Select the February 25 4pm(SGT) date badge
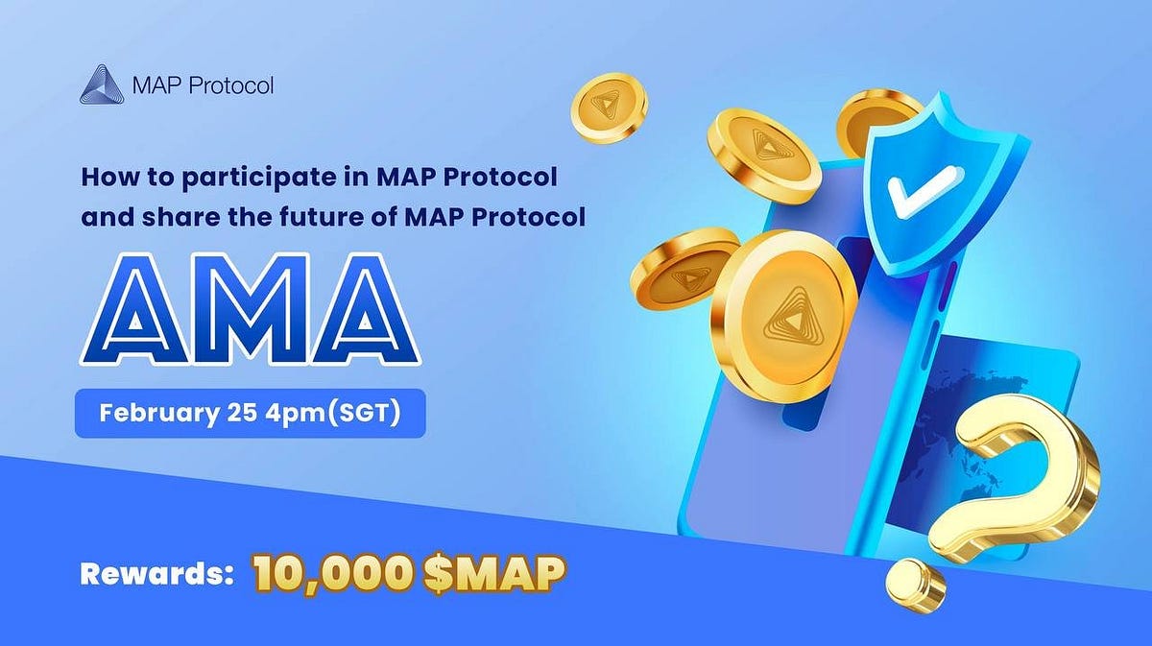pos(250,415)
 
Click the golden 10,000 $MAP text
pos(409,574)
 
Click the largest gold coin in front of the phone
pos(782,306)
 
